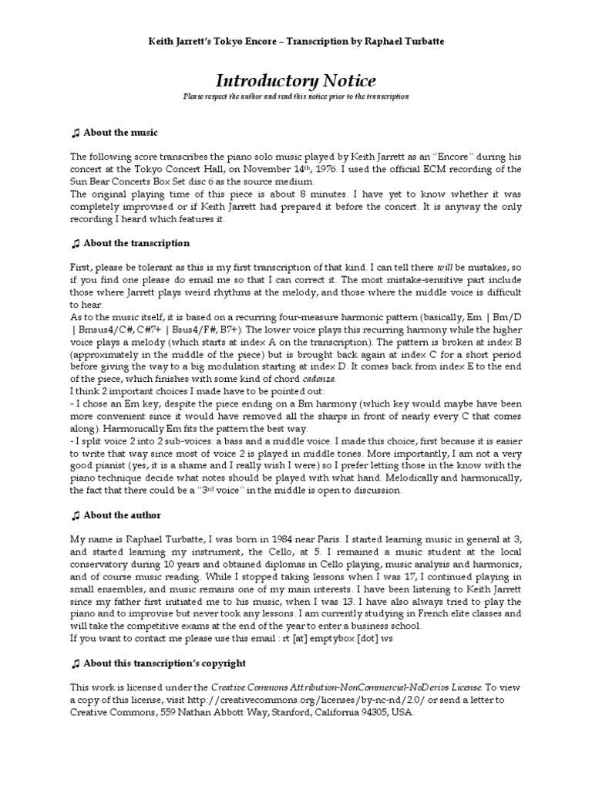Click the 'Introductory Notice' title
click(x=295, y=80)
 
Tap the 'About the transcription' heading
click(x=136, y=243)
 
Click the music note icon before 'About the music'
click(x=75, y=133)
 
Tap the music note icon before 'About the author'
click(x=75, y=515)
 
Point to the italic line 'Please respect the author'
click(x=295, y=97)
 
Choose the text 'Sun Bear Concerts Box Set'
click(x=130, y=181)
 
